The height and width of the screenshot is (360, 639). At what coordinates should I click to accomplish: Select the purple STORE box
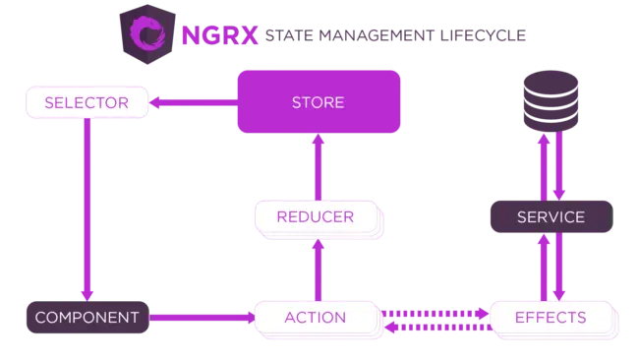[x=318, y=101]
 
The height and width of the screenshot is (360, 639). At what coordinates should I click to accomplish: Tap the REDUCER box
[x=316, y=216]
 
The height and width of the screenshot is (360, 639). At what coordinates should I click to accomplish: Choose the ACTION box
[x=316, y=317]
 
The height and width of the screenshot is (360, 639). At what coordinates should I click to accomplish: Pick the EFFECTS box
[x=551, y=317]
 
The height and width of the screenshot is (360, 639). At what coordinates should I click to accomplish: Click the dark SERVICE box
[x=551, y=216]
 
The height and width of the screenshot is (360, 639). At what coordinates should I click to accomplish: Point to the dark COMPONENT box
[x=86, y=317]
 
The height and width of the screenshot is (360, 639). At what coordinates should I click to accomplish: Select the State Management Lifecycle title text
[x=393, y=36]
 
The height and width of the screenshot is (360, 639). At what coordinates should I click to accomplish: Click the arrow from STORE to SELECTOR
[x=193, y=101]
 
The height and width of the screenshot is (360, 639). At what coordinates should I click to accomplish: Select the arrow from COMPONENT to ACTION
[x=202, y=317]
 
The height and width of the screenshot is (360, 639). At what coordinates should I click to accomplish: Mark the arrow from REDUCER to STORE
[x=317, y=167]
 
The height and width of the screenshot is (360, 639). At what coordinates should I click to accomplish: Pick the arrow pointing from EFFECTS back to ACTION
[x=434, y=327]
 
